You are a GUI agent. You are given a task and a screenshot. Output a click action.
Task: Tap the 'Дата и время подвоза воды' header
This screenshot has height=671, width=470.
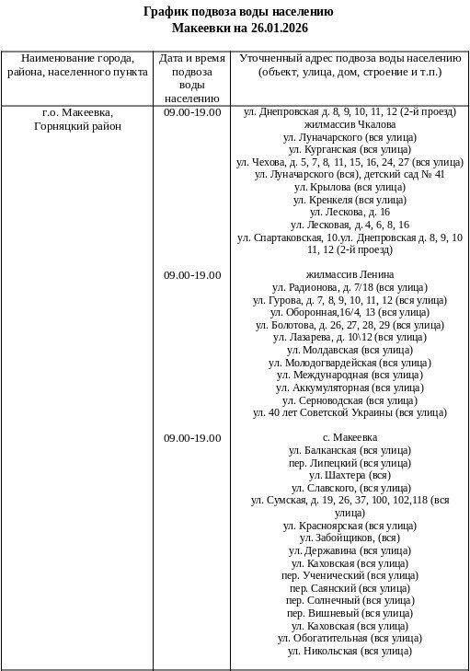[x=192, y=77]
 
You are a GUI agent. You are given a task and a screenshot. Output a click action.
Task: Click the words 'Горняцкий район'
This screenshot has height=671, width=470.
[x=77, y=125]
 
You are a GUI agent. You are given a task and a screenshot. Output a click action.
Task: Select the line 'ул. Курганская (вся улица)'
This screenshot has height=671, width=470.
[x=350, y=148]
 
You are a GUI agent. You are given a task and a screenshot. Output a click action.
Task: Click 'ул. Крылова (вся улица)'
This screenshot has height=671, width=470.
[x=350, y=186]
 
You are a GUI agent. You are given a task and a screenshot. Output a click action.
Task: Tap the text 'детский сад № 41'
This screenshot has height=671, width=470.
[x=406, y=173]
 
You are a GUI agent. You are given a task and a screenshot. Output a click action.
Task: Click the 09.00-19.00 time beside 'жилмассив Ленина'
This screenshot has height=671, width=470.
[x=192, y=274]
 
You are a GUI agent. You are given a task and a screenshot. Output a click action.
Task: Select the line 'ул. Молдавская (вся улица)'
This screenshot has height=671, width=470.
[x=350, y=350]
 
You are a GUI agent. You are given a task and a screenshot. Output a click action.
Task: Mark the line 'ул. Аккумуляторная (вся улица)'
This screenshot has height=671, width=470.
[x=350, y=388]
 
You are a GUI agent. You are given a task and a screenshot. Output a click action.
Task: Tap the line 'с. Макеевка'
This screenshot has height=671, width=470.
[x=350, y=437]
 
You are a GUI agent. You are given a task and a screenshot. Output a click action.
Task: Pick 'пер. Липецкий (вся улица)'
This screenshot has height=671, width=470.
[x=350, y=463]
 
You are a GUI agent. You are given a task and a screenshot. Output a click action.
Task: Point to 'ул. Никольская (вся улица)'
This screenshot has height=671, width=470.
[x=350, y=651]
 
